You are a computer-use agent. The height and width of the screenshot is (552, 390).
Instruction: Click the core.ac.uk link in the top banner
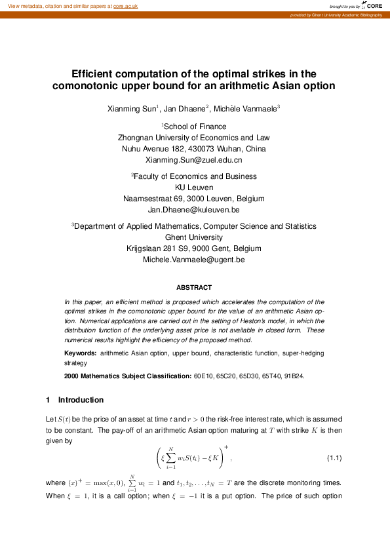[x=126, y=5]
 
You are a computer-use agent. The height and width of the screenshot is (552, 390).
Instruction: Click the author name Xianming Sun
[x=132, y=108]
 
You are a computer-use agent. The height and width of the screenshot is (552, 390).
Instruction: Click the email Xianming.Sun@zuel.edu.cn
[x=193, y=160]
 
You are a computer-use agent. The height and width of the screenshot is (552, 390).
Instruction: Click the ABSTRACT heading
[x=194, y=287]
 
